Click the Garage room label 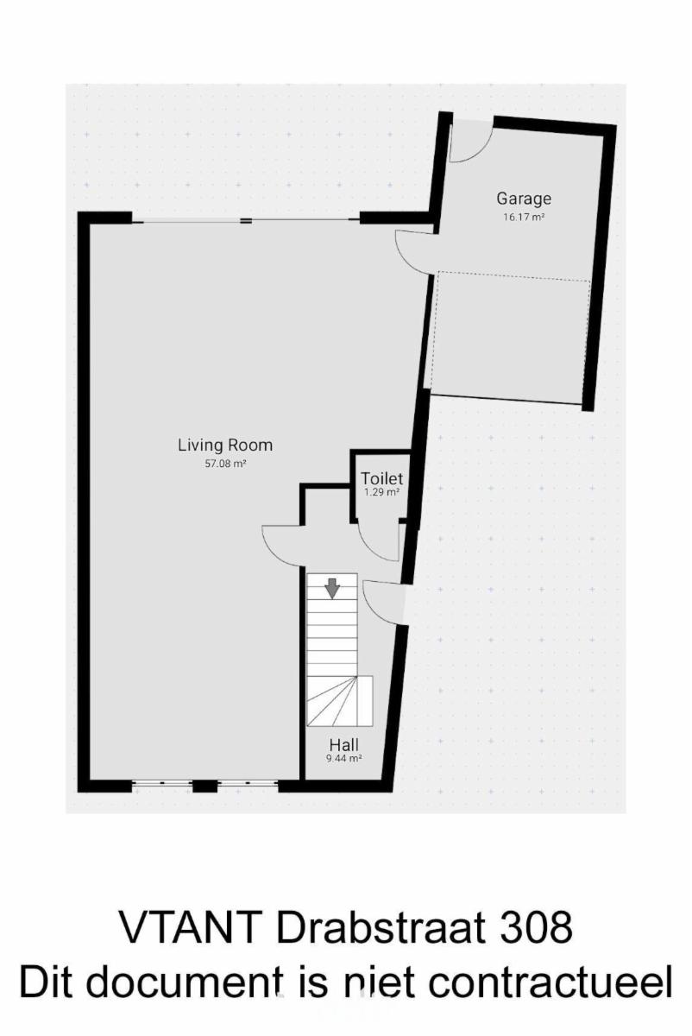point(524,199)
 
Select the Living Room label point(225,445)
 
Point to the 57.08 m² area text point(225,464)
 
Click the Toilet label point(382,478)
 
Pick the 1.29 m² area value point(382,493)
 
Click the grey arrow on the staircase point(332,588)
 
